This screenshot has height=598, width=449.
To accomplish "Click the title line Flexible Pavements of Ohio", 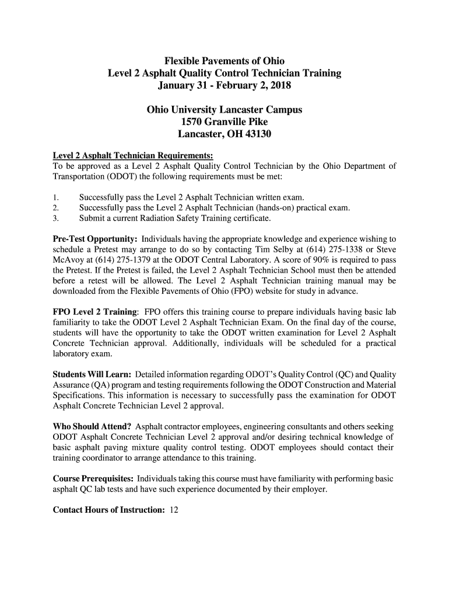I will coord(224,61).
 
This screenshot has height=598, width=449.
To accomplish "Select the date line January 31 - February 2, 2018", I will coord(224,86).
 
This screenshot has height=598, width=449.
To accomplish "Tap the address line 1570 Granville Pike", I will coord(224,122).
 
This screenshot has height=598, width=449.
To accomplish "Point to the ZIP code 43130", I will coord(257,134).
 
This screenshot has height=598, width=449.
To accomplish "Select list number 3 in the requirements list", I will coord(55,218).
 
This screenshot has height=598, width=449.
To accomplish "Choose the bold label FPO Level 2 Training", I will coord(95,312).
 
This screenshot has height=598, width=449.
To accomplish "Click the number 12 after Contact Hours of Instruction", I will coord(174,510).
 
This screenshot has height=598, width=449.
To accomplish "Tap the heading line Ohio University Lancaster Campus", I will coord(224,110).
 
